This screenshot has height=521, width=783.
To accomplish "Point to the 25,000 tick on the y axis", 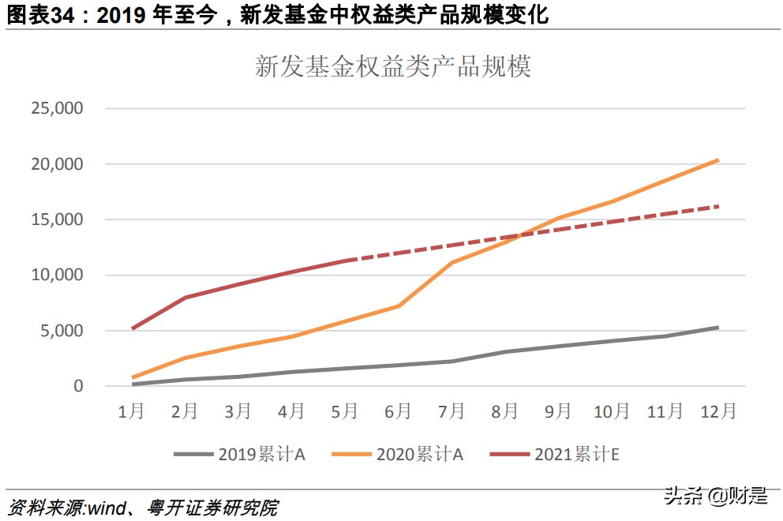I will coord(57,109).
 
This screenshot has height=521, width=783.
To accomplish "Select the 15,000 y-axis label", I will coord(57,219).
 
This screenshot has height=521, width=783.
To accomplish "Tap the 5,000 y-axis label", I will coord(61,331).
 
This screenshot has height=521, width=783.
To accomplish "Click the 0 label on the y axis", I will coord(78,386).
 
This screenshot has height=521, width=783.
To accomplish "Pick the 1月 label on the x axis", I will coord(131,411).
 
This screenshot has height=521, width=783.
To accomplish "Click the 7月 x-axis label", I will coord(451,411).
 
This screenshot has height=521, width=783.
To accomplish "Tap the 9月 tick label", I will coord(557,411).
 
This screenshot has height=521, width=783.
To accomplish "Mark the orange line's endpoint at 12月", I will coord(717,160).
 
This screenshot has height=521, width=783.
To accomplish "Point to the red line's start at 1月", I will coord(132,328).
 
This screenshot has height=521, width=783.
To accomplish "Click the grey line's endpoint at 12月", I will coord(717,327).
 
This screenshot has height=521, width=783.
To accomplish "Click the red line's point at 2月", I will coord(185,298).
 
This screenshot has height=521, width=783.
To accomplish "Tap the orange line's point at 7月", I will coord(451,262).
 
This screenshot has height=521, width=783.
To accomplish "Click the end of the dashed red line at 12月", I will coord(717,206).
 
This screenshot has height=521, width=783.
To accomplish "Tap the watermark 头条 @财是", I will coord(715,496).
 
